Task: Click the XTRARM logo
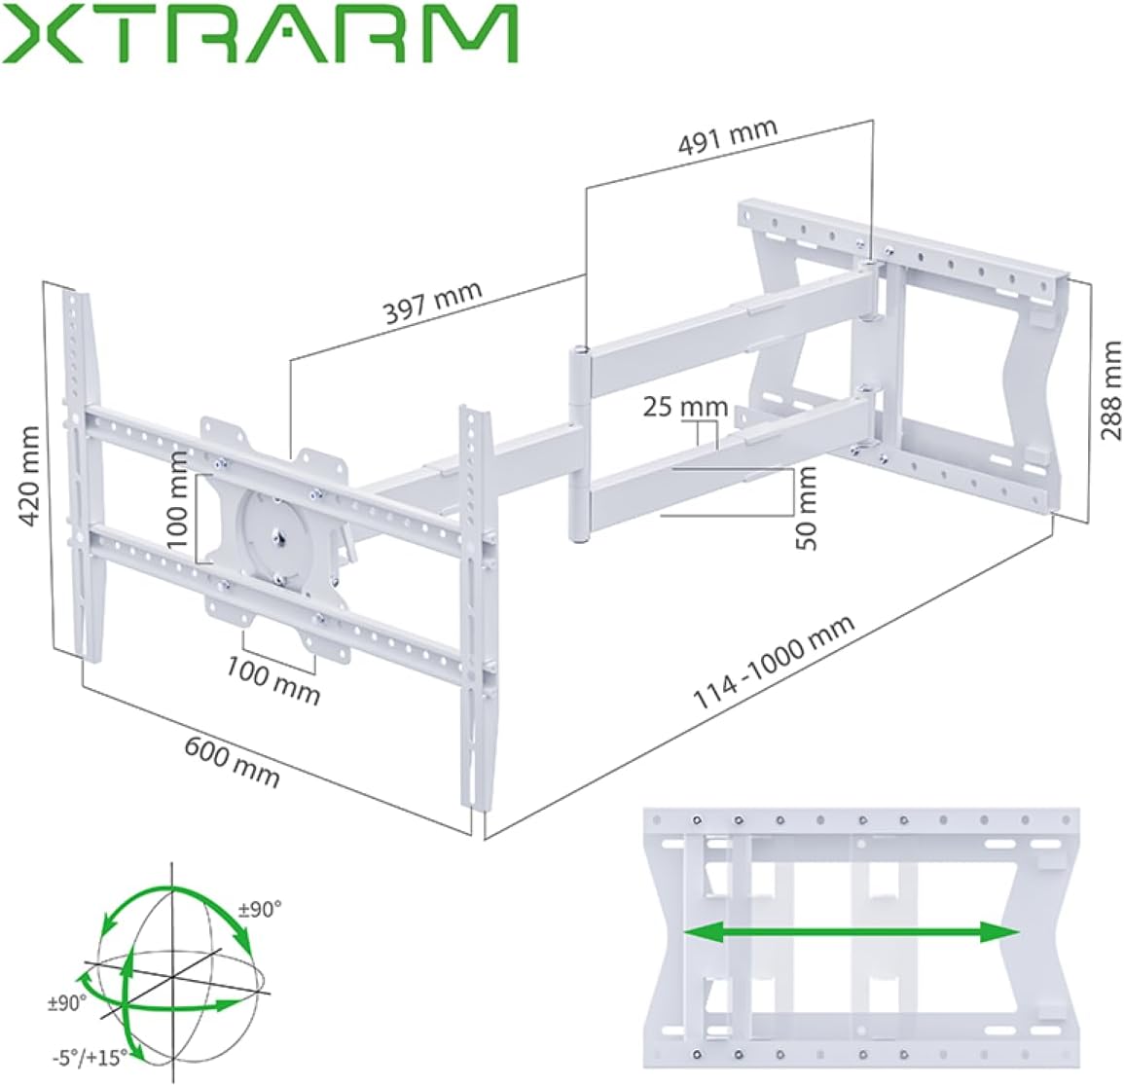point(260,36)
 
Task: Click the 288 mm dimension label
point(1109,390)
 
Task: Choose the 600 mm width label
point(233,761)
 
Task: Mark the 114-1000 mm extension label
point(775,664)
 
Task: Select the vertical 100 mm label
point(177,498)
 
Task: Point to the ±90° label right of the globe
point(260,910)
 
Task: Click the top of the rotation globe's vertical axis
point(171,866)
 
